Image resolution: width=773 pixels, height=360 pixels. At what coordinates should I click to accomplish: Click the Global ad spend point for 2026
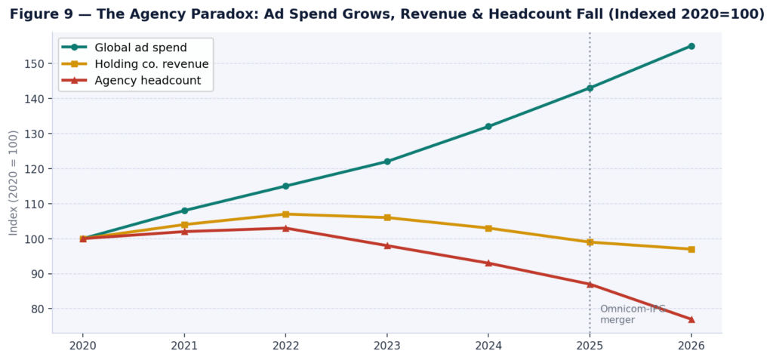tap(691, 46)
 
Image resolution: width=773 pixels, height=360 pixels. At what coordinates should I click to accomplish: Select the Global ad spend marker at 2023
tap(387, 162)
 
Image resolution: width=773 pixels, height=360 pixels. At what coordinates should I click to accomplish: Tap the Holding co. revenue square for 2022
tap(285, 214)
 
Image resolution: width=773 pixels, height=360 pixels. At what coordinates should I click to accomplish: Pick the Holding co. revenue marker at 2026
tap(691, 249)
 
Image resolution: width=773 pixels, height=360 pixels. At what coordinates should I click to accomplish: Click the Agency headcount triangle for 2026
tap(691, 319)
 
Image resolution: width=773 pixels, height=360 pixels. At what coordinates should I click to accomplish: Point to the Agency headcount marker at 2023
tap(387, 245)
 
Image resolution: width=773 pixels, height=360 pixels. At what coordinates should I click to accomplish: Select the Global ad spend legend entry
tap(140, 48)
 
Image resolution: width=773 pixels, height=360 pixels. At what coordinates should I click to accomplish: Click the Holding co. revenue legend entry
tap(151, 64)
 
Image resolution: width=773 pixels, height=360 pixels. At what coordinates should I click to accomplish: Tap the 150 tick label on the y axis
tap(35, 63)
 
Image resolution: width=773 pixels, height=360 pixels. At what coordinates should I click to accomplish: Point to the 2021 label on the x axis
tap(184, 346)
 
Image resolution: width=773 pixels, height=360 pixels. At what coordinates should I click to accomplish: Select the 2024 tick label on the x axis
tap(488, 346)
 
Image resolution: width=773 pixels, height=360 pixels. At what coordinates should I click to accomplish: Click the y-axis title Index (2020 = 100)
tap(14, 183)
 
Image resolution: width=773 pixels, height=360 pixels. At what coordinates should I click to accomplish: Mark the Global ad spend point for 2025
tap(590, 88)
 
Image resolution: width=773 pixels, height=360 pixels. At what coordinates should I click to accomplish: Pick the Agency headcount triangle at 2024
tap(488, 263)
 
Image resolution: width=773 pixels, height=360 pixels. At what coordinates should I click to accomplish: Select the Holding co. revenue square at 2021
tap(184, 225)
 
